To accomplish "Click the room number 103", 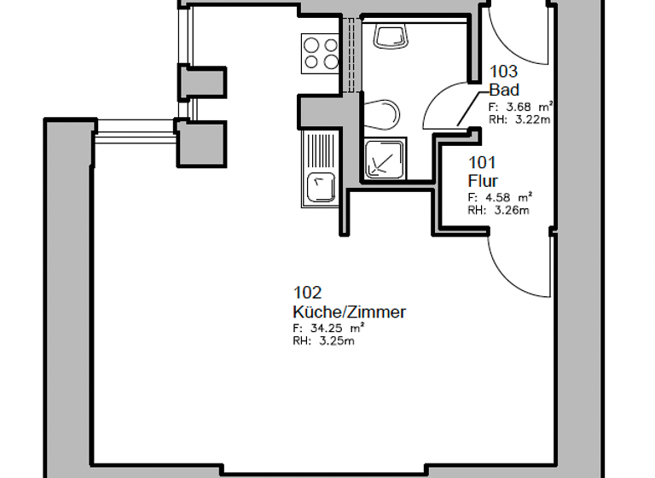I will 503,73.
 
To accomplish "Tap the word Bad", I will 504,90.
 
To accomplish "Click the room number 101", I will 482,163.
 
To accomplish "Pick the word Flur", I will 482,181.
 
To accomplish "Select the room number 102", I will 308,294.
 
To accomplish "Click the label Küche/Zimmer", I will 349,312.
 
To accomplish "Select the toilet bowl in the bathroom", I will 384,114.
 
